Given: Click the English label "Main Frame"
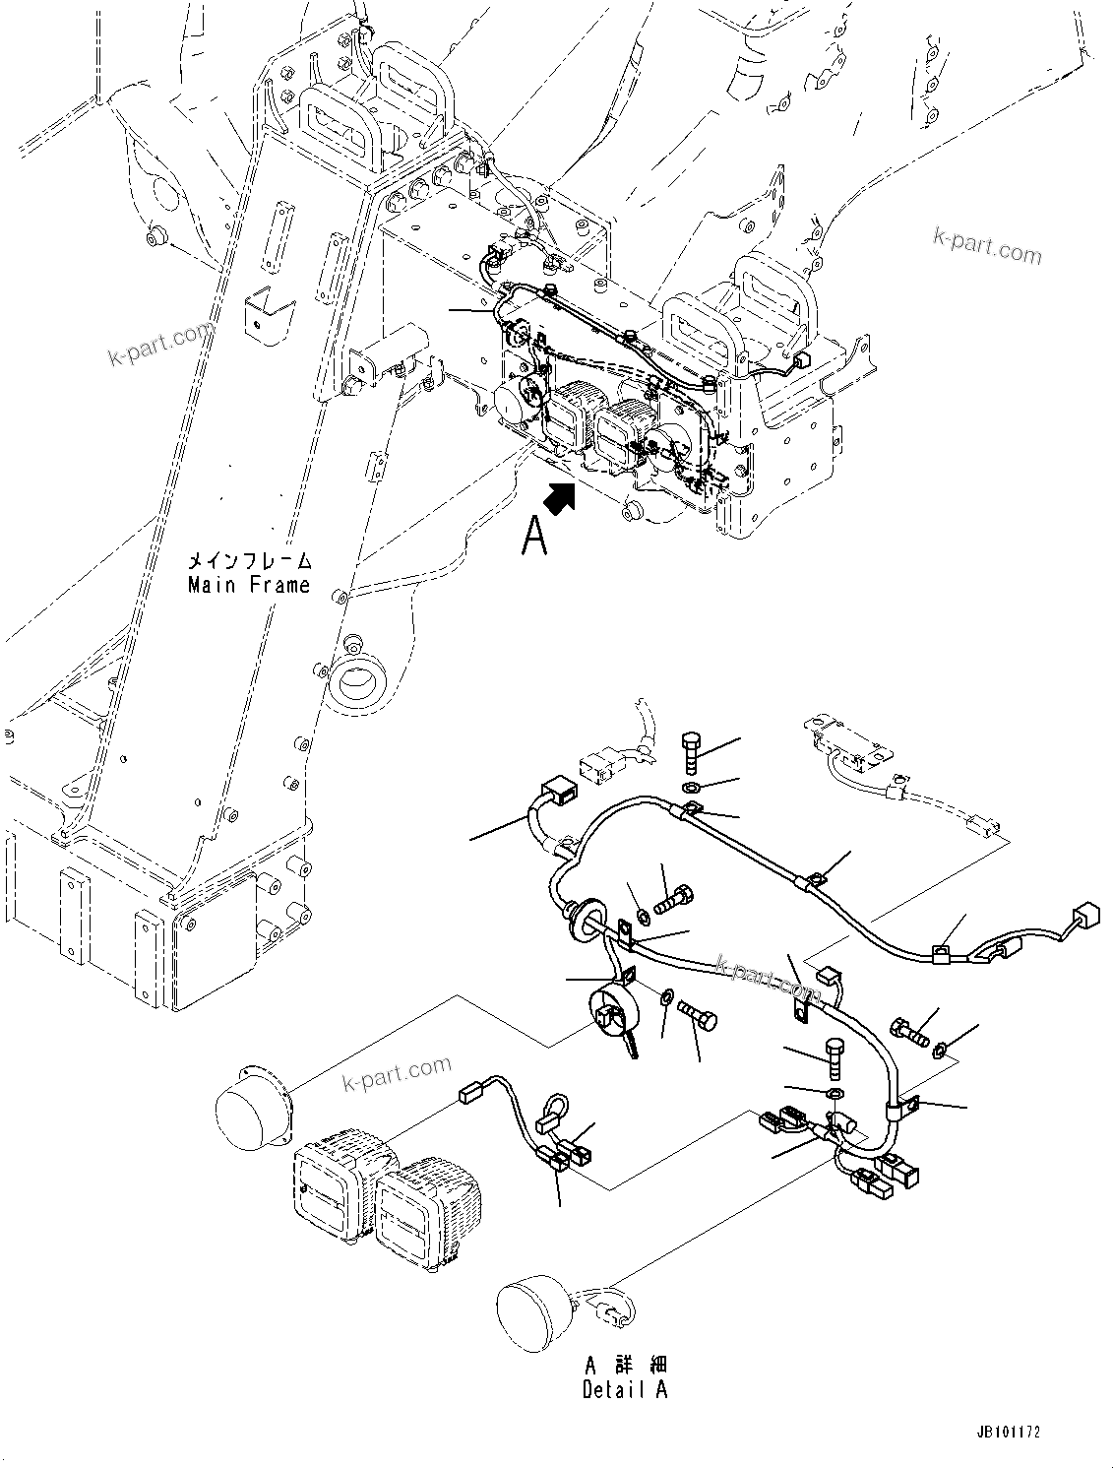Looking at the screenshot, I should click(248, 585).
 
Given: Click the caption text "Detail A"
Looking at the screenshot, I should click(624, 1389).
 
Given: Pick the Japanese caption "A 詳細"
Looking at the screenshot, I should click(625, 1366).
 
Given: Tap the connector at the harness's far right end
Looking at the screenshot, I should click(1085, 915).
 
